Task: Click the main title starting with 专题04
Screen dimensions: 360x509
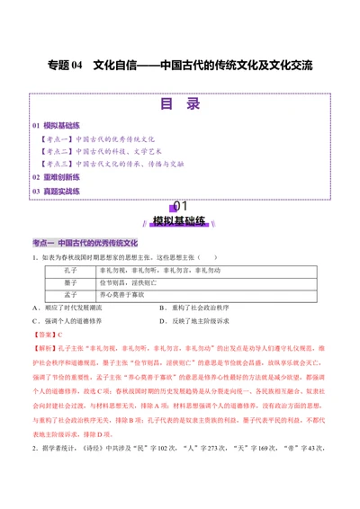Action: (179, 66)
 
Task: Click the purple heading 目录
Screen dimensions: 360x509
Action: (179, 104)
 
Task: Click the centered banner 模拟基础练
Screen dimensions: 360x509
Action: (180, 220)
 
